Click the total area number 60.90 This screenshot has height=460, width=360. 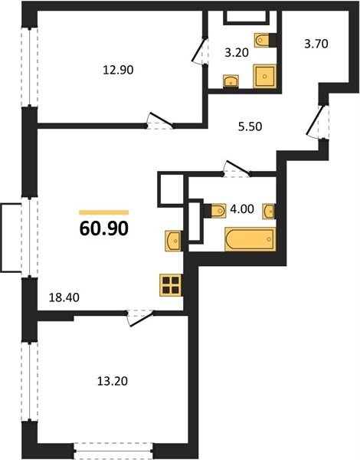[x=103, y=228]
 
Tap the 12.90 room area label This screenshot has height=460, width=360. [x=118, y=70]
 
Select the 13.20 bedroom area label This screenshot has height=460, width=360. [x=113, y=381]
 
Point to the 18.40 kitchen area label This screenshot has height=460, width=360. [x=64, y=297]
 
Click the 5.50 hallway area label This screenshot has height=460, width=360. [x=250, y=127]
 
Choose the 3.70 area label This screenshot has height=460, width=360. [x=316, y=44]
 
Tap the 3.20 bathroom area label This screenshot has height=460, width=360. [x=237, y=53]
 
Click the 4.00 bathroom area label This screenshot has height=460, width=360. [x=242, y=209]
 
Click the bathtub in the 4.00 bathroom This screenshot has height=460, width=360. [x=250, y=239]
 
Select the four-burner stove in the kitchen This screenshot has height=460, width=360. [x=171, y=285]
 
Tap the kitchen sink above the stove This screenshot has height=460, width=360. [x=172, y=241]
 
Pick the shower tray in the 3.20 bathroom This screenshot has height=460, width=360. [x=265, y=76]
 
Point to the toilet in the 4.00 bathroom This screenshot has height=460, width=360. [x=215, y=210]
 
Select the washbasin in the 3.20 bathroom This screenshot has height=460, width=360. [x=231, y=81]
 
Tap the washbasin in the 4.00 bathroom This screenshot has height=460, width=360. [x=269, y=211]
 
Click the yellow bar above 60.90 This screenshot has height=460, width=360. [x=103, y=212]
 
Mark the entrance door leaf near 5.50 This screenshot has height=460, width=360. [x=314, y=120]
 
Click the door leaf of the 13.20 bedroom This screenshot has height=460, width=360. [x=142, y=320]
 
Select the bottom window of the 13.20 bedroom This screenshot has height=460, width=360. [x=113, y=452]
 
